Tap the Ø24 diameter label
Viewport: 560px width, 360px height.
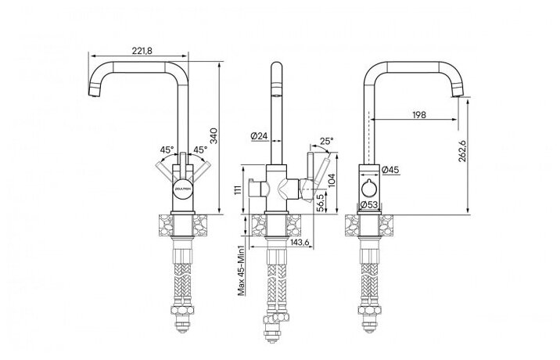coord(260,136)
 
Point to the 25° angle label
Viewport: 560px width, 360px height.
coord(327,141)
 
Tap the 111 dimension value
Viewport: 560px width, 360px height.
coord(236,189)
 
